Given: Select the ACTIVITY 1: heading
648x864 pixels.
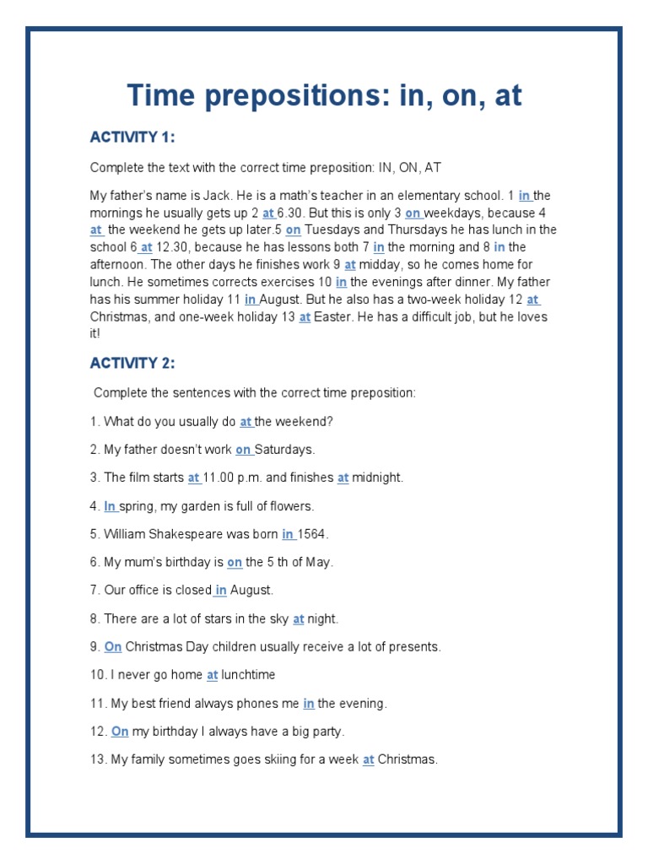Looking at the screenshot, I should (132, 138).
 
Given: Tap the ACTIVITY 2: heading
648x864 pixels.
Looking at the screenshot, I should (132, 364).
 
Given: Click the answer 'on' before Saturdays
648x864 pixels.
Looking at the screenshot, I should (243, 450).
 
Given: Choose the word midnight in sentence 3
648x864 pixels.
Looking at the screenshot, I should (377, 478).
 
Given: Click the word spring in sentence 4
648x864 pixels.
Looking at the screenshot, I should (136, 506).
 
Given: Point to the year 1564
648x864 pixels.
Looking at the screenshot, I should (312, 534).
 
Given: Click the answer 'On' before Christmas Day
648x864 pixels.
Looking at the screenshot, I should (113, 647).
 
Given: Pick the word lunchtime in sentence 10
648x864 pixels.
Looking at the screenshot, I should (248, 675).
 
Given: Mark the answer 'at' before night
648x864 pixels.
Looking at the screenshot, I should (298, 618).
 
